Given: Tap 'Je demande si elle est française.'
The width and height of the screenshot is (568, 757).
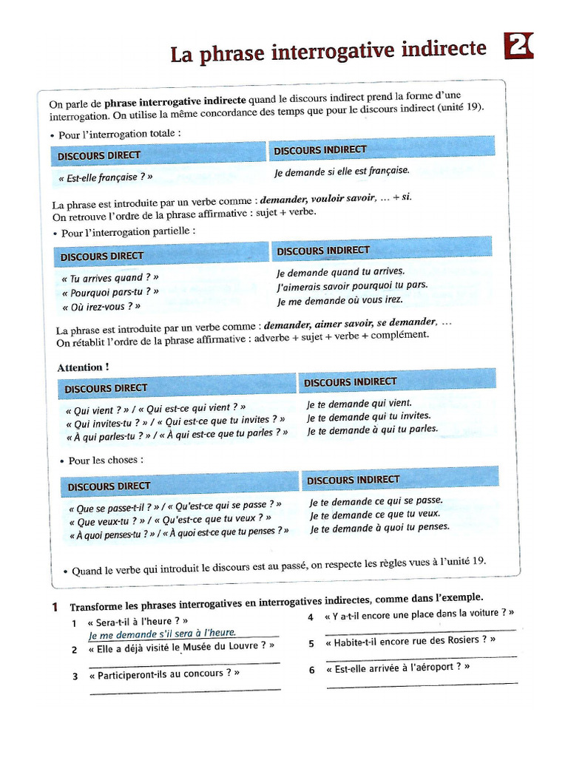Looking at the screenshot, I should [x=341, y=171].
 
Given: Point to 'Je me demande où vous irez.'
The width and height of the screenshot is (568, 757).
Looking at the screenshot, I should [x=339, y=300].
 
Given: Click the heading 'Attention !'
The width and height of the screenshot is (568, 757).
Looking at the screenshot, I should [x=83, y=367].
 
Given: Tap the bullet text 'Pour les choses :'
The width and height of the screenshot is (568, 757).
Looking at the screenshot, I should [x=106, y=461].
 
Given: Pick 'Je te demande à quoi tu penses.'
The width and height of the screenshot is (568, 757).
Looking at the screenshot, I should [x=379, y=528].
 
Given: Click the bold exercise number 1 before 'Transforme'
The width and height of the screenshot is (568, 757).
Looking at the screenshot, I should [x=55, y=607].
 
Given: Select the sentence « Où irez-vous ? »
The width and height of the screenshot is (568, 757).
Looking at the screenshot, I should [x=101, y=306].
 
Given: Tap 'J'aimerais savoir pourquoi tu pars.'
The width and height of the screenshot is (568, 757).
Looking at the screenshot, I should [x=352, y=285].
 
